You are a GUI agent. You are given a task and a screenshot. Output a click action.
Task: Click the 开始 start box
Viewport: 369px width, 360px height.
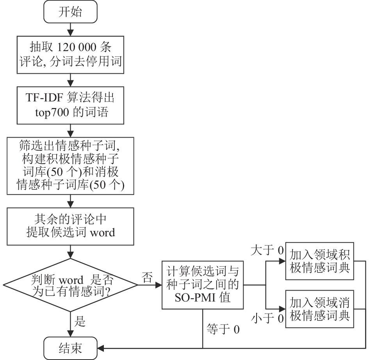coord(70,12)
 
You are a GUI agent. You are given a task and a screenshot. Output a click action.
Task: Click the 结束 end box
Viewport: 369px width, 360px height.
coord(70,348)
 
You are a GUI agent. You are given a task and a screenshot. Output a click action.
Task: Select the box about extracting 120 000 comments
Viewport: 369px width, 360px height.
coord(70,55)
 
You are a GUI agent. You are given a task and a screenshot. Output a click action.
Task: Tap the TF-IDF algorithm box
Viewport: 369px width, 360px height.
coord(70,105)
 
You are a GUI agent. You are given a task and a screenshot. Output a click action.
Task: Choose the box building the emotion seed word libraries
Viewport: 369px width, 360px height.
coord(70,166)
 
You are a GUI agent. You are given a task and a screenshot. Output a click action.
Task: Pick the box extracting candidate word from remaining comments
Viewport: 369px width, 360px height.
coord(70,227)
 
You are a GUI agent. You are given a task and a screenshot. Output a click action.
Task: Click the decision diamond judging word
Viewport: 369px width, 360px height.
coord(70,285)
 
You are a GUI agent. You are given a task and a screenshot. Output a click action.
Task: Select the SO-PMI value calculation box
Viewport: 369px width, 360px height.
coord(202,285)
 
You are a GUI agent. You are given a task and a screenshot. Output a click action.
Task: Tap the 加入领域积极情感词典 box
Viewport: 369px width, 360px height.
coord(319,261)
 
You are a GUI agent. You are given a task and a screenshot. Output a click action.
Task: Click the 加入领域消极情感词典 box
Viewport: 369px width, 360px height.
coord(319,309)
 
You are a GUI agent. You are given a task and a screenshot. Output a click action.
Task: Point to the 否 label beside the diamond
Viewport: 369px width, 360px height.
coord(147,277)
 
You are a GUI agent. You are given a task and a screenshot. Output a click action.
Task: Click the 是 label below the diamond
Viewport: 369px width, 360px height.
coord(80,321)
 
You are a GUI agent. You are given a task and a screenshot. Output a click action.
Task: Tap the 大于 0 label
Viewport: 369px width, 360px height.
coord(267,250)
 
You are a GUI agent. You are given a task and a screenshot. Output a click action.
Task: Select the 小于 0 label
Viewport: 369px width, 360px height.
coord(267,319)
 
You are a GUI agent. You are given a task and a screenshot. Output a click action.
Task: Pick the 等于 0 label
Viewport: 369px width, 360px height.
coord(223,329)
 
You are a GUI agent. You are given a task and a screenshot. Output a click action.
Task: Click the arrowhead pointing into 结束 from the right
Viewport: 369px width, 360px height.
coord(100,348)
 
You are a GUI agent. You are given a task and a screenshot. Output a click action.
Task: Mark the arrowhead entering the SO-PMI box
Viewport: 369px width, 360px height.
coord(159,285)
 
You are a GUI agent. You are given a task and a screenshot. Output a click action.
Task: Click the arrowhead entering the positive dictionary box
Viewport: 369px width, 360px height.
coord(282,261)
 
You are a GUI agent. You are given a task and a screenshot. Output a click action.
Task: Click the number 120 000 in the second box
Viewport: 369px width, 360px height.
coord(77,47)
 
